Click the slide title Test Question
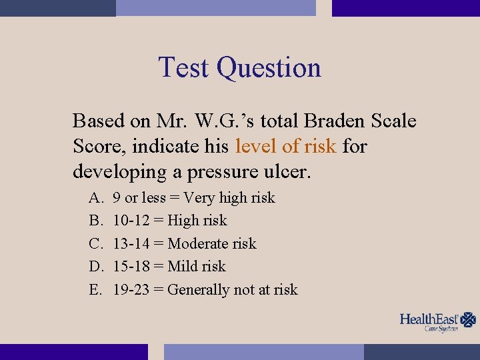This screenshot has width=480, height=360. point(239,67)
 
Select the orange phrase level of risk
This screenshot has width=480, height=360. point(285,146)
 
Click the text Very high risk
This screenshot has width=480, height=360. point(229,198)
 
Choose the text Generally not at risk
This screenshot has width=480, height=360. point(233,290)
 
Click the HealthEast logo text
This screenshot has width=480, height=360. point(430,319)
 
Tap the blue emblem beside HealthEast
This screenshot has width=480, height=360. point(469,320)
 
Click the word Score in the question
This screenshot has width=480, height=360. point(93,146)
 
